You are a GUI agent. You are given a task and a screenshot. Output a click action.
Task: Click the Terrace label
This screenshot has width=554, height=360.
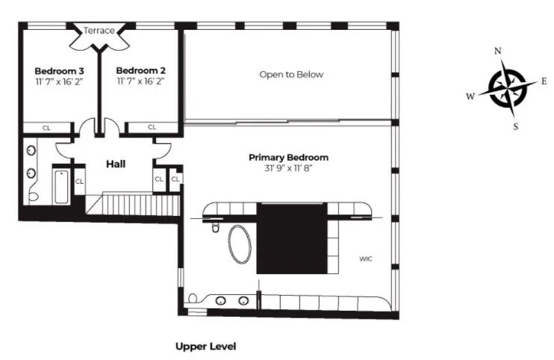99,31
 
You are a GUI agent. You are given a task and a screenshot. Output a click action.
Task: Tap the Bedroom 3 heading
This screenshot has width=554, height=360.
60,71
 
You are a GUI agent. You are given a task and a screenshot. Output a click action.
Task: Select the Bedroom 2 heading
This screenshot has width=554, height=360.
141,71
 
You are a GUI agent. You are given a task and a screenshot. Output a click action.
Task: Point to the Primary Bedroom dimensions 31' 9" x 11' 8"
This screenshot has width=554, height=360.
289,168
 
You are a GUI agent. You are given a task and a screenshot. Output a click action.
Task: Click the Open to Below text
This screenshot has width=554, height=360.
291,75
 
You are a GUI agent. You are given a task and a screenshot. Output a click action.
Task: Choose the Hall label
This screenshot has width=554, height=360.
116,164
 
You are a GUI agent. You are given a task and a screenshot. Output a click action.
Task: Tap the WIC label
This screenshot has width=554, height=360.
366,259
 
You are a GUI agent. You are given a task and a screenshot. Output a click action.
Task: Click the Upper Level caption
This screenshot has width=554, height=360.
206,347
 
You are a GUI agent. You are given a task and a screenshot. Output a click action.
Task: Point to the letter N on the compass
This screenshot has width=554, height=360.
498,52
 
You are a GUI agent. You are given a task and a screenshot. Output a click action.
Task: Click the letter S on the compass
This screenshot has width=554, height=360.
516,126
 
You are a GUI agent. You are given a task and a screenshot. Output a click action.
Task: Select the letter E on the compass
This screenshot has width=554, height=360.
544,81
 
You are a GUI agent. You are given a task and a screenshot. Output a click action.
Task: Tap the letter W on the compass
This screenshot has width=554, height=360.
470,96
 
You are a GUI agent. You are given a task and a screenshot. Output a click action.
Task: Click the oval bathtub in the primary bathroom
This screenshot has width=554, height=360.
240,244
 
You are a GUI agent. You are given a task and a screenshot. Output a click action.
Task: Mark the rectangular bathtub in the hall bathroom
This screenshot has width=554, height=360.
61,187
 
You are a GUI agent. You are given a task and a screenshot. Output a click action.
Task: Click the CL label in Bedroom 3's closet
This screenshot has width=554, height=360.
46,128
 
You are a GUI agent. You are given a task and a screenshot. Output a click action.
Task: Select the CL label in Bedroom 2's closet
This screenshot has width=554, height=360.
152,127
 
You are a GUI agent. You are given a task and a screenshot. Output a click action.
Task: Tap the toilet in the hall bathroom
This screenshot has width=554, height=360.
34,196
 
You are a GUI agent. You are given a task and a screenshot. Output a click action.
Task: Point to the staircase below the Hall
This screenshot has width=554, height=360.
134,204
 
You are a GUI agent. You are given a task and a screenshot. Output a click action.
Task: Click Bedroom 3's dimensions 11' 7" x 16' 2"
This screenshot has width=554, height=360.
60,82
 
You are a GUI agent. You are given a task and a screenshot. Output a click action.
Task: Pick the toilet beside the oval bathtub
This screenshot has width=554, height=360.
216,228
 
